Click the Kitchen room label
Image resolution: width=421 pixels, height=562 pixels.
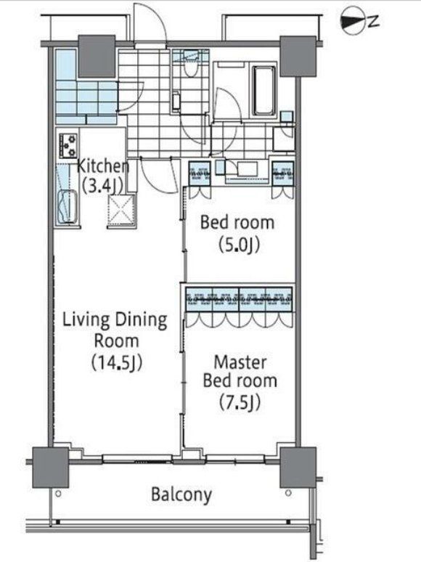[103, 166]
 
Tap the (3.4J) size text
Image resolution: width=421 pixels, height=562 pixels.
[103, 186]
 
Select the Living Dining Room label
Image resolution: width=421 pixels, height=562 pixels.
[115, 330]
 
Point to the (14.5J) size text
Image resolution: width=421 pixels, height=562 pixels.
[117, 362]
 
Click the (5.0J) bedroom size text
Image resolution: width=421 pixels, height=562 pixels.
[239, 245]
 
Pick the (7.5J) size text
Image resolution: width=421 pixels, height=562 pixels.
[240, 402]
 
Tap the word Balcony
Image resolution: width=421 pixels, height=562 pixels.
[181, 494]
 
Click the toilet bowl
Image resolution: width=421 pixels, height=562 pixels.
[189, 68]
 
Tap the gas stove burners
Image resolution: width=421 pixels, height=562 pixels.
[68, 145]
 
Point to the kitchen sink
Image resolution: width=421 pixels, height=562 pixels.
[67, 207]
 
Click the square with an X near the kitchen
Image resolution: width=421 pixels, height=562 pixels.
[121, 210]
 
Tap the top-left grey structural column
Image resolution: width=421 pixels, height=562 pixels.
[97, 56]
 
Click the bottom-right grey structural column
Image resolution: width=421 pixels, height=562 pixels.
[298, 467]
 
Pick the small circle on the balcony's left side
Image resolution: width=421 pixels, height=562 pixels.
[58, 494]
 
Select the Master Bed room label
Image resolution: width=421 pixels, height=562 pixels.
[240, 371]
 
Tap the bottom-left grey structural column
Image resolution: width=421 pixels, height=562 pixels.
[51, 467]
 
